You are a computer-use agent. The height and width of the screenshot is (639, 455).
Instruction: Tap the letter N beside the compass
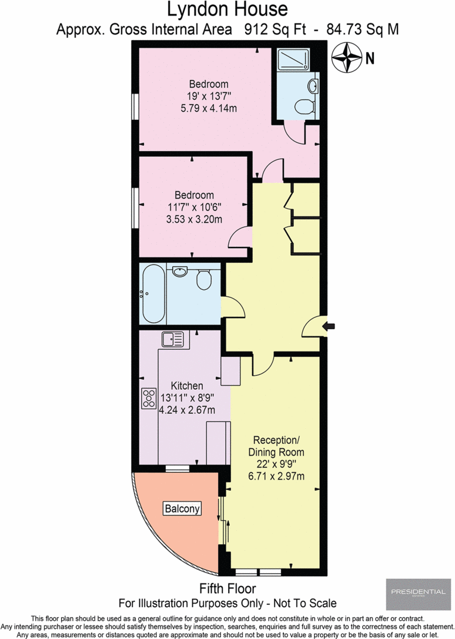(x=370, y=58)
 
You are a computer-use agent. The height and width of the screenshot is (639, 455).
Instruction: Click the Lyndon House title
(x=227, y=9)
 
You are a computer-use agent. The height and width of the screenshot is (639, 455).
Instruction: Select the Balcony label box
(x=182, y=508)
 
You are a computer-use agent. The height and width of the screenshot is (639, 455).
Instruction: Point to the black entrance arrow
(x=330, y=326)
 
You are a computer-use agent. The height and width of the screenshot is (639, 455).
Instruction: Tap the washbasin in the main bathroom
(x=180, y=272)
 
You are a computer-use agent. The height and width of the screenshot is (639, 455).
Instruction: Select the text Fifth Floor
(x=227, y=588)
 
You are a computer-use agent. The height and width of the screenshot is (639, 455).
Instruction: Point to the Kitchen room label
(x=187, y=386)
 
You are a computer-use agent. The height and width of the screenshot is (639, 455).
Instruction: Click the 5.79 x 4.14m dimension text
(x=208, y=108)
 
